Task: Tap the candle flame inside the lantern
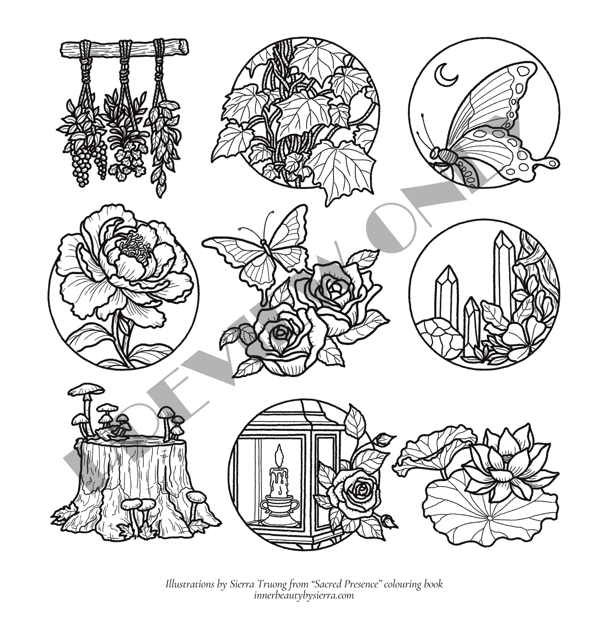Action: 280,455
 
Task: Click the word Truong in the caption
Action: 274,584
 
